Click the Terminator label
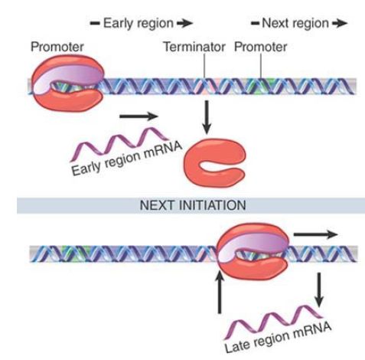pos(194,47)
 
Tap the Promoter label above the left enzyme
pos(57,47)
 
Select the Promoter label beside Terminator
pos(260,47)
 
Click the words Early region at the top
pos(139,24)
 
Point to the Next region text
pos(295,24)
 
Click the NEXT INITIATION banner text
pos(193,205)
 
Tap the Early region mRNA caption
pos(127,159)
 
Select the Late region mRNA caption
pos(278,337)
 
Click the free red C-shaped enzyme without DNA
pos(215,162)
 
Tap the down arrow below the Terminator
pos(207,117)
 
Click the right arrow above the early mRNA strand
pos(139,116)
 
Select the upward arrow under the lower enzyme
pos(219,293)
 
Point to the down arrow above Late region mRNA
pos(319,290)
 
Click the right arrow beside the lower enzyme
pos(316,234)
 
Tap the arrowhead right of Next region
pos(340,24)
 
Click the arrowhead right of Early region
pos(185,24)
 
